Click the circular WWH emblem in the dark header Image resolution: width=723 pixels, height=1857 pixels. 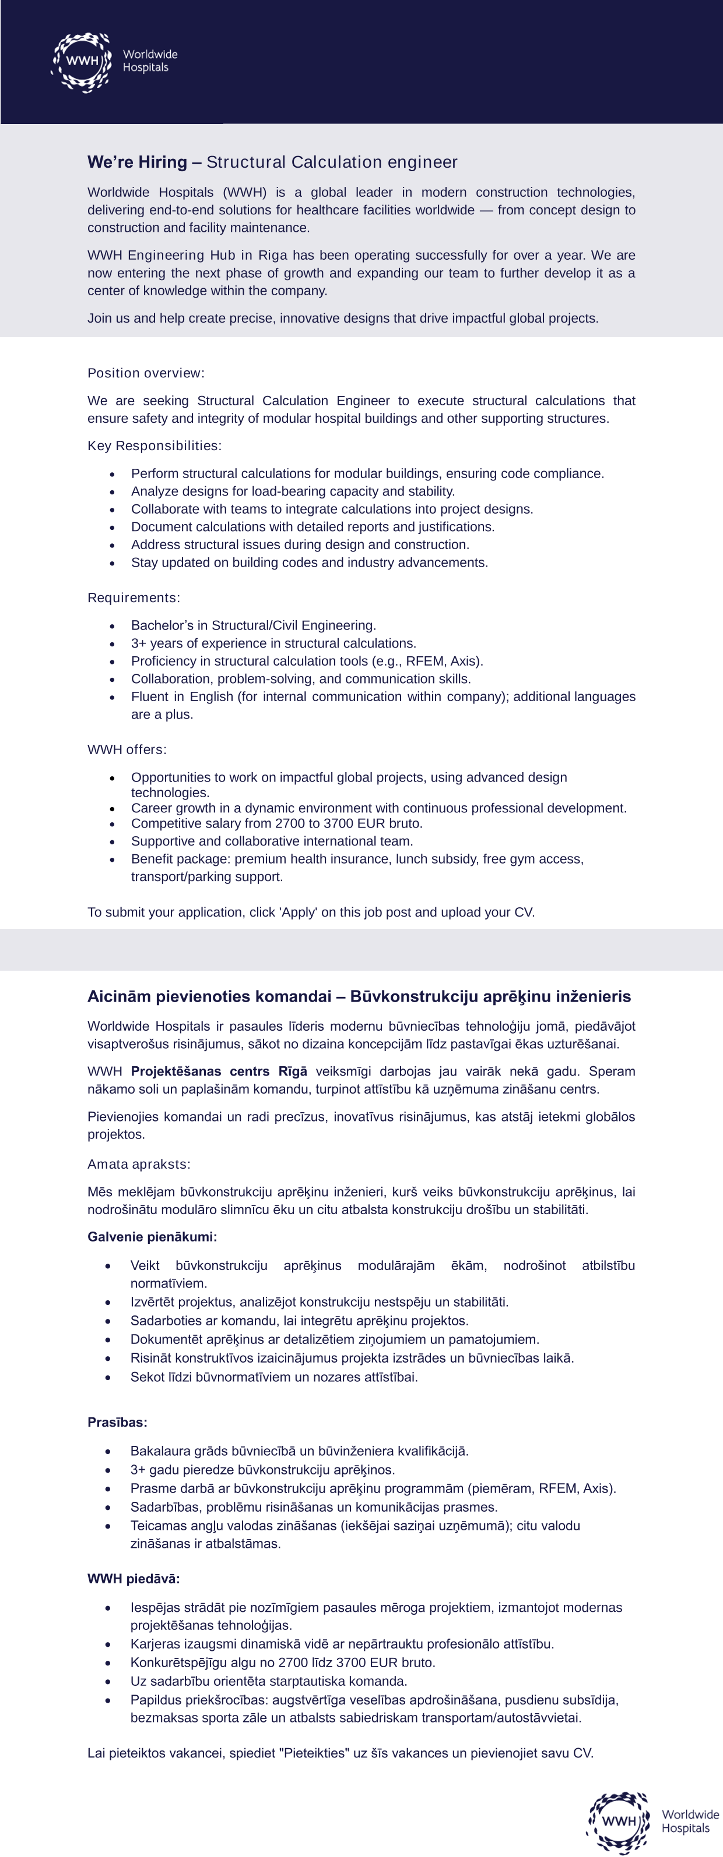(82, 61)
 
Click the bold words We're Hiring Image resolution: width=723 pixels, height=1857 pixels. (137, 162)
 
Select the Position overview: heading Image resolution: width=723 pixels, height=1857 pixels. (146, 373)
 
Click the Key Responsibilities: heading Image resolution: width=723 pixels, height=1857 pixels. (155, 445)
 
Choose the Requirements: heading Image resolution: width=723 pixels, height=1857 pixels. (134, 597)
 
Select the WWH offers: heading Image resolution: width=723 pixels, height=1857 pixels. (127, 749)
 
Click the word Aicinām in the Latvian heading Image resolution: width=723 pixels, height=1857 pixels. (115, 996)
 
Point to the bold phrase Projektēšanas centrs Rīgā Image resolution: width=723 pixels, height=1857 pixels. (219, 1071)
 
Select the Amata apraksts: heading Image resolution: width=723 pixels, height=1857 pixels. (139, 1164)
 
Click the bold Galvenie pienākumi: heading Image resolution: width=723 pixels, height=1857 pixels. (152, 1237)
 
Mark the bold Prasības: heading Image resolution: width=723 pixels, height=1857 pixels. (117, 1423)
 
